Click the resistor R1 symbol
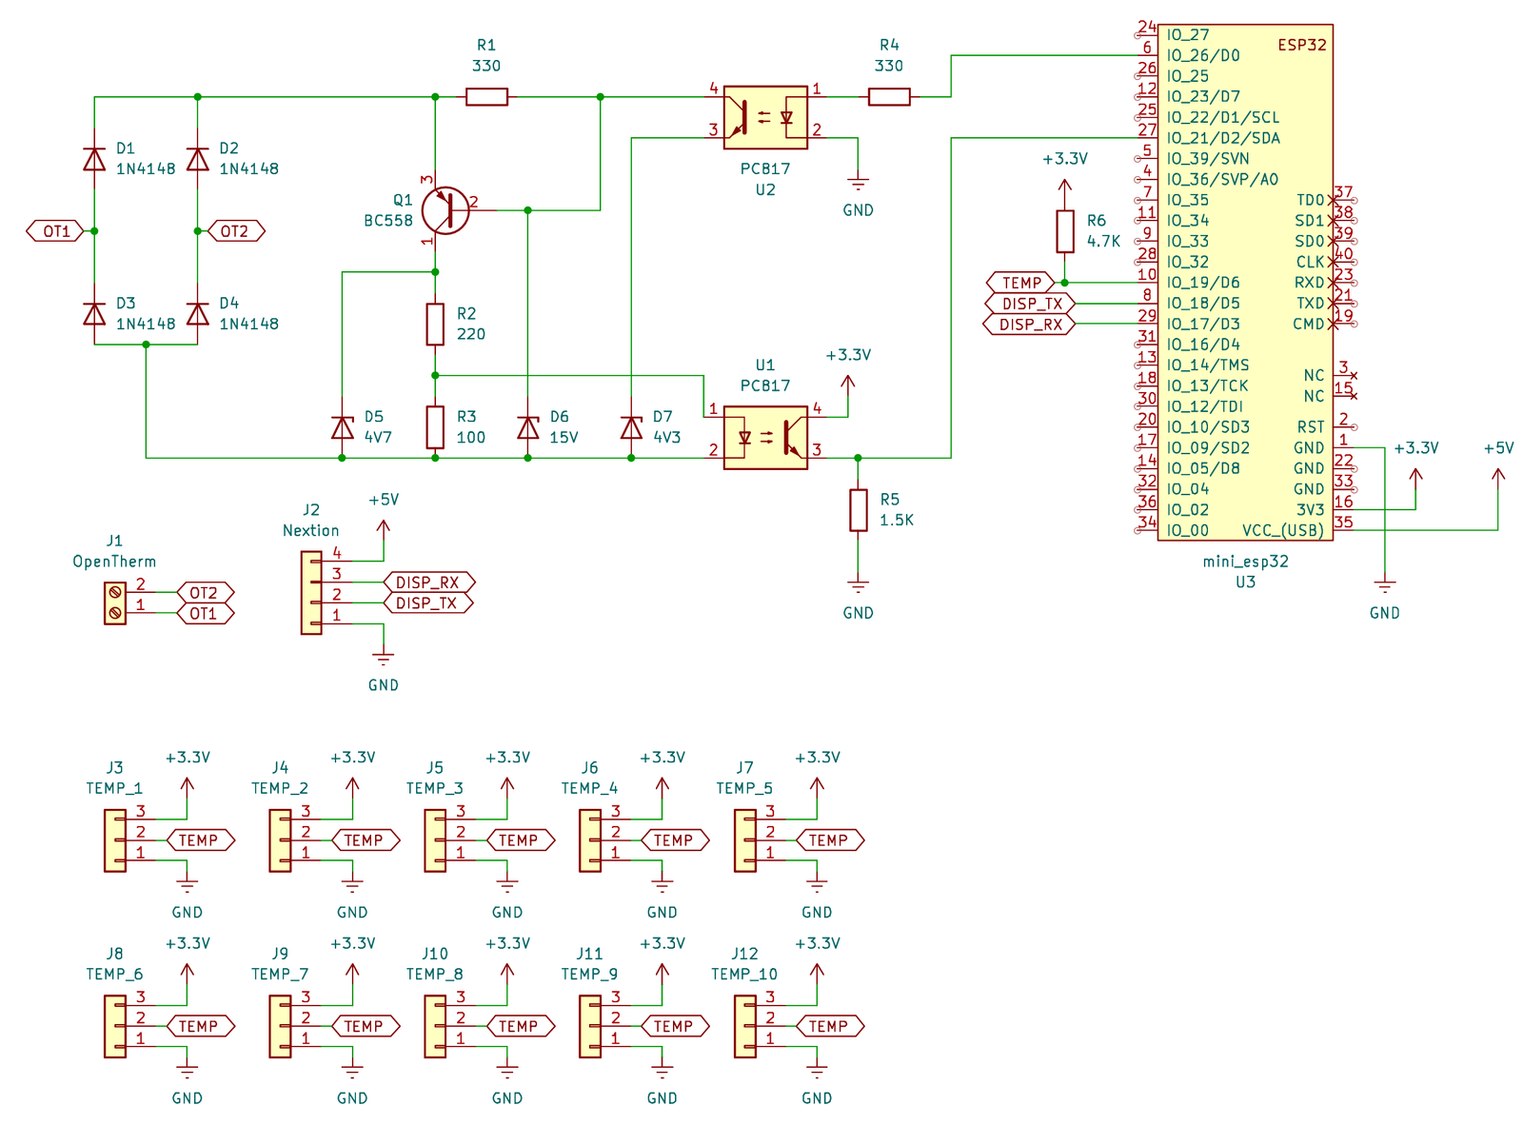tap(486, 96)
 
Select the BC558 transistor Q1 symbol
tap(445, 210)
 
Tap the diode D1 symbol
tap(94, 159)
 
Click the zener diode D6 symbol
tap(527, 427)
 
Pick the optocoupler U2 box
tap(765, 117)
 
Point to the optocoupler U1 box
tap(765, 438)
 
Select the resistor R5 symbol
tap(858, 510)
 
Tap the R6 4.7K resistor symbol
tap(1065, 231)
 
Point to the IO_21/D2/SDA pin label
tap(1223, 138)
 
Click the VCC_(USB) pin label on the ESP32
tap(1282, 530)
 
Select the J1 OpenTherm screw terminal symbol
tap(114, 603)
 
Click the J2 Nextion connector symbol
tap(311, 594)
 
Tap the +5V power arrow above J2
tap(384, 525)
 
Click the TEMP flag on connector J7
tap(828, 840)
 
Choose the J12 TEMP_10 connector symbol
tap(744, 1026)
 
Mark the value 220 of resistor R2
tap(470, 334)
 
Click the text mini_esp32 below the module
tap(1245, 562)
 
